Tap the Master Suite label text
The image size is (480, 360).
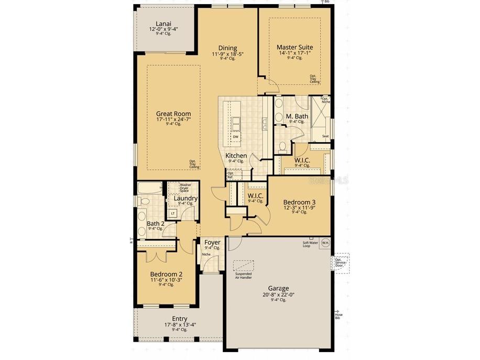(x=295, y=47)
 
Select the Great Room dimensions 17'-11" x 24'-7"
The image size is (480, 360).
(x=173, y=119)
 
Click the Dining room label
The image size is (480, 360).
(x=227, y=48)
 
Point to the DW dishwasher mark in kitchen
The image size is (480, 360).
(x=235, y=137)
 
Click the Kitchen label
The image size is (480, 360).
(x=236, y=156)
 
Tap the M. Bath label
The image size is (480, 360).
(x=297, y=116)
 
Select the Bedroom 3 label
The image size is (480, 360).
(x=299, y=202)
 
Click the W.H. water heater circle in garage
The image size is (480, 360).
(x=325, y=243)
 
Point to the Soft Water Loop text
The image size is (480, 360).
(x=310, y=244)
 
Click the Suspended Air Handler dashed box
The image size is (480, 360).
(x=243, y=265)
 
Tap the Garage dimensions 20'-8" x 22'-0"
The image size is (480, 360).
(x=278, y=294)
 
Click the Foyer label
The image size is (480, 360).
(x=212, y=242)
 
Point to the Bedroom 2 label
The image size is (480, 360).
(x=166, y=274)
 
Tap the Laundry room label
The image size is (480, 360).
(x=186, y=199)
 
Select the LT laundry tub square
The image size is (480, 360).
(x=173, y=213)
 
